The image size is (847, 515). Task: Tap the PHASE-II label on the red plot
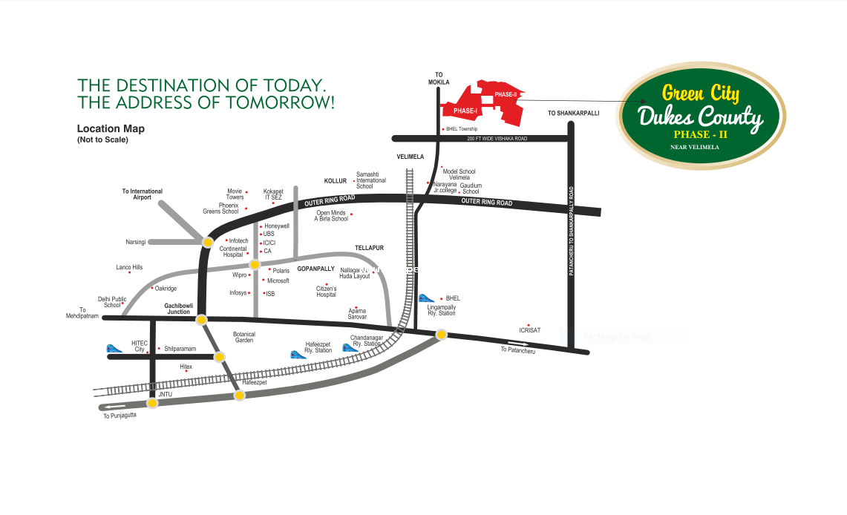506,94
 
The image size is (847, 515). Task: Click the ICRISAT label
529,330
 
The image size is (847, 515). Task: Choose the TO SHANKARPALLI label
573,113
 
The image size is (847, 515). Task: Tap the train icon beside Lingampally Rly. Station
426,298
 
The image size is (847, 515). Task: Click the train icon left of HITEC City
114,348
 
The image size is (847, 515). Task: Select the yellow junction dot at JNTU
152,403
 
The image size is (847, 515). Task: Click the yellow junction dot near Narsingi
209,240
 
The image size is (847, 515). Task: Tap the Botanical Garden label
244,337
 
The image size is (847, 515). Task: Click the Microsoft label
278,281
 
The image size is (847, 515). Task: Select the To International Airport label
143,194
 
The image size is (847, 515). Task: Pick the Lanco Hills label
129,267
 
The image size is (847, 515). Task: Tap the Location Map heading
111,128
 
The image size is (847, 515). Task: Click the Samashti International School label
371,180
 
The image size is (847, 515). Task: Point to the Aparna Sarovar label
357,314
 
